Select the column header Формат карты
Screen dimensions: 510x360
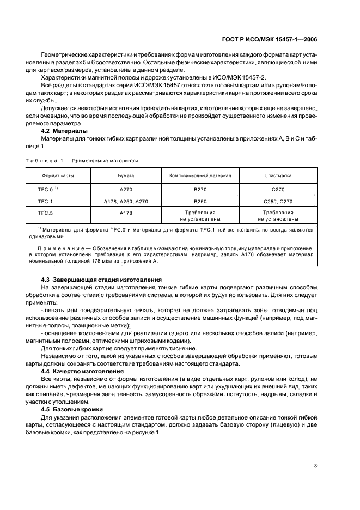[x=58, y=177]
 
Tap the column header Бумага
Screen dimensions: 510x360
[x=126, y=177]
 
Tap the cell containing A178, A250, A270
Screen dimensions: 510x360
[x=126, y=201]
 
